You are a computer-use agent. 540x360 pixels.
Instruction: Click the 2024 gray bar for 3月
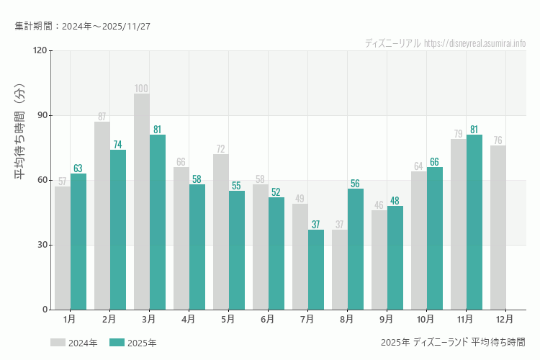(142, 202)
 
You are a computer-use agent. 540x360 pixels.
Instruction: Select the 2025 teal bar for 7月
(316, 270)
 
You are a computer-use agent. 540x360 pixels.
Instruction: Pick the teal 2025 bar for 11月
(474, 222)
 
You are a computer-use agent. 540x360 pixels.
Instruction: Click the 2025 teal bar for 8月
(356, 249)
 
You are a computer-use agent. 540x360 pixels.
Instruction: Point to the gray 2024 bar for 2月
(102, 216)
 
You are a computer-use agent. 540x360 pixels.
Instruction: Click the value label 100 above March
(142, 89)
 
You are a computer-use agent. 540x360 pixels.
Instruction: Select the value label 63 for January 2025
(78, 168)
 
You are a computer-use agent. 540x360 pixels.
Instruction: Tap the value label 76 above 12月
(498, 140)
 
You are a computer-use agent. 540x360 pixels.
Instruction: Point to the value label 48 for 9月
(395, 201)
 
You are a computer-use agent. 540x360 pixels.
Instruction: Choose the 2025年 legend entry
(134, 343)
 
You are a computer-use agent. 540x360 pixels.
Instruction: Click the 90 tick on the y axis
(40, 115)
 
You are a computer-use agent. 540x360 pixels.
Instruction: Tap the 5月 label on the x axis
(228, 318)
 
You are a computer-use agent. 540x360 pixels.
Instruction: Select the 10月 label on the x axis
(426, 318)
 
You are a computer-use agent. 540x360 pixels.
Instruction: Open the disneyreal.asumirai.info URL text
(474, 43)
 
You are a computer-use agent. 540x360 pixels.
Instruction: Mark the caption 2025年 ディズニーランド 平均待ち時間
(453, 341)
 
